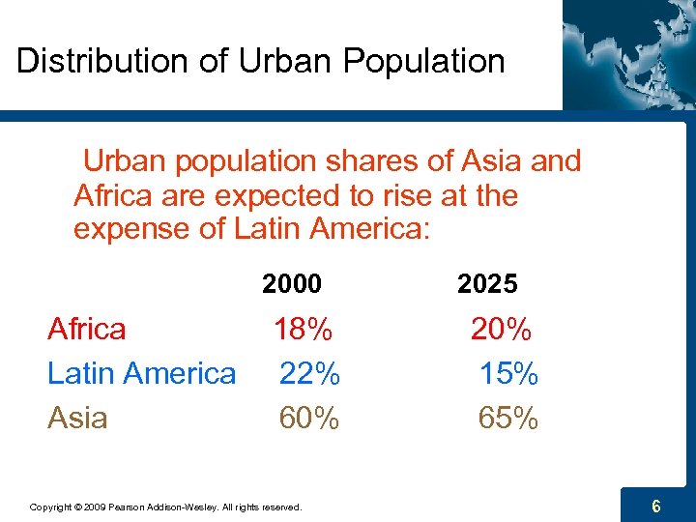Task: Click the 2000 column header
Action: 291,284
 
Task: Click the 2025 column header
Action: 487,284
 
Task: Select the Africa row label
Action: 87,330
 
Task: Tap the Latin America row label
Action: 141,373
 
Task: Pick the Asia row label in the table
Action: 77,418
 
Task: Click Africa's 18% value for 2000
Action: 304,330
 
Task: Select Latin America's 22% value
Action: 309,373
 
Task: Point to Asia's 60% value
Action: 309,418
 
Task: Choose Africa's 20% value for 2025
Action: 501,330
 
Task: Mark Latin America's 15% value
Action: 508,373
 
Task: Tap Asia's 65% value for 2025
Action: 508,418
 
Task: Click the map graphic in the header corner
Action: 628,53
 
